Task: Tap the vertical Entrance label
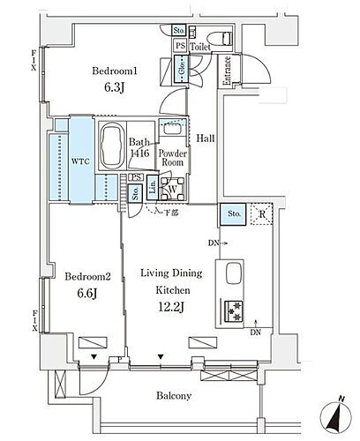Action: click(226, 71)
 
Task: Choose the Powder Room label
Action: click(172, 156)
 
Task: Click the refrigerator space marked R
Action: click(262, 213)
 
